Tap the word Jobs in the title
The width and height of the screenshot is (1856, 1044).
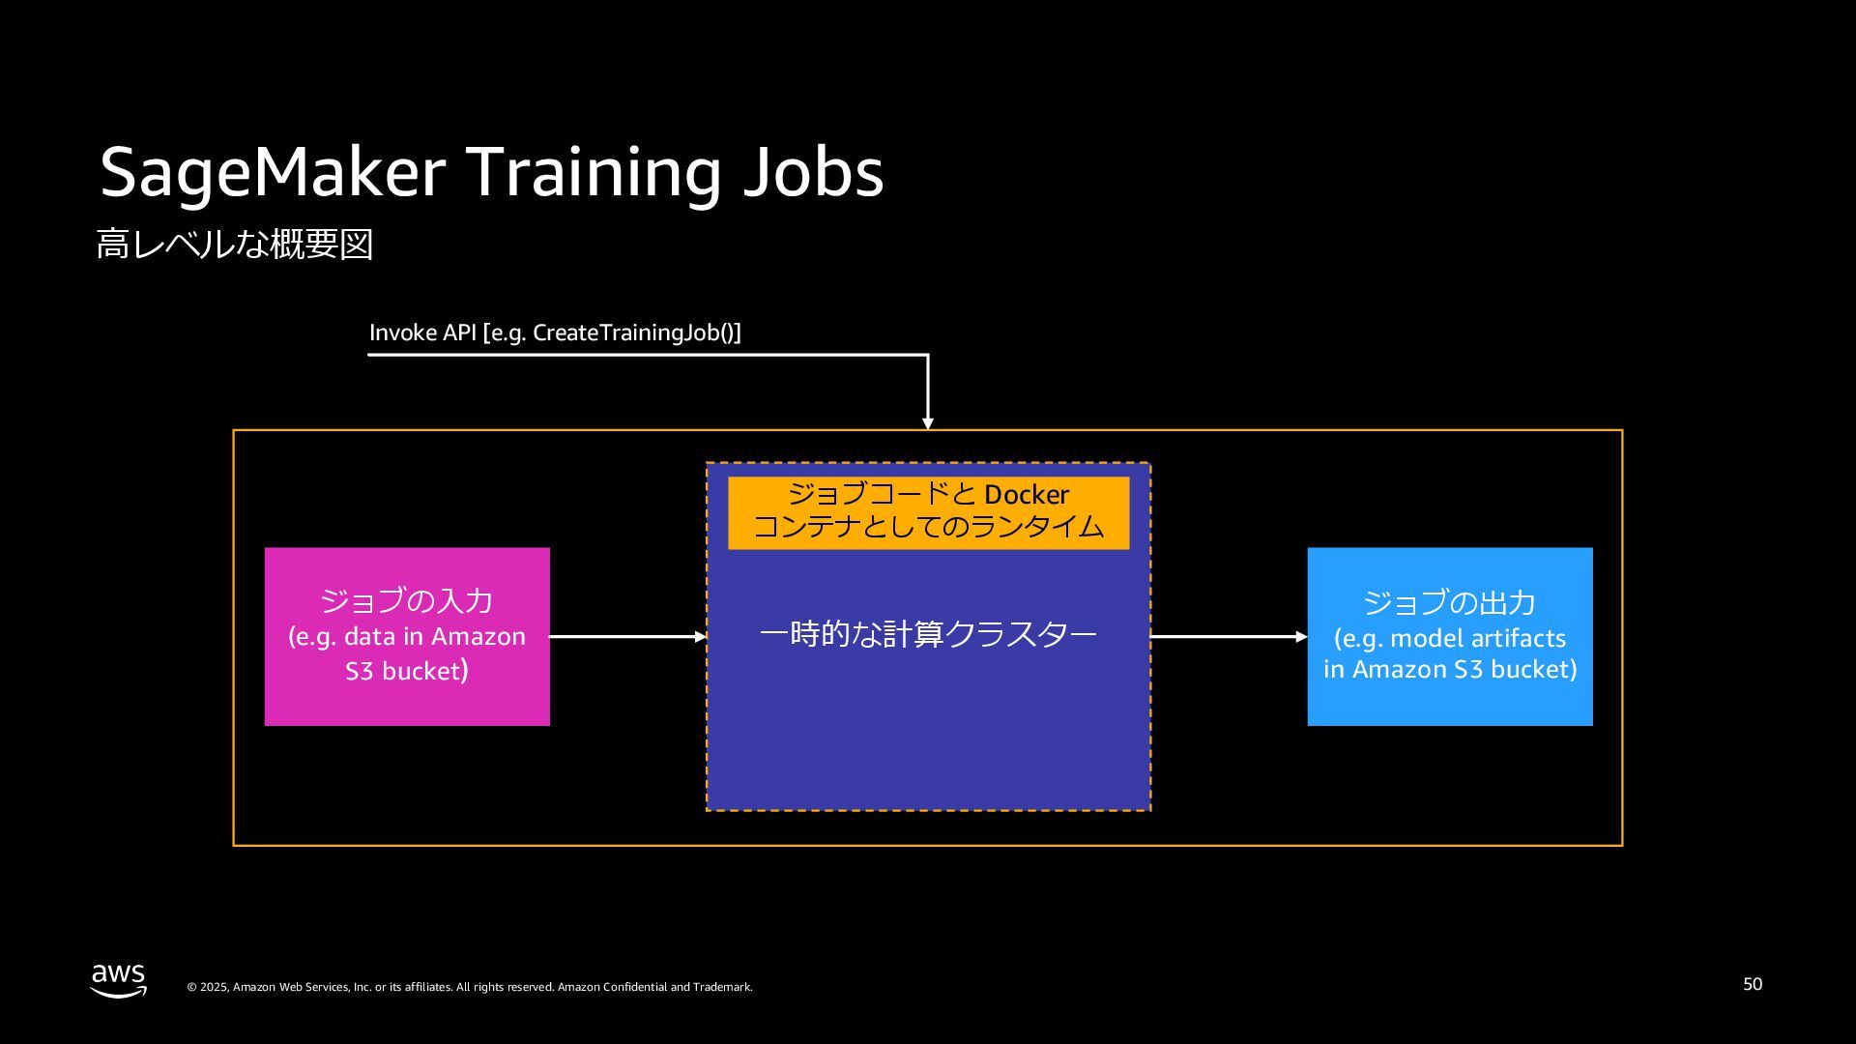point(813,174)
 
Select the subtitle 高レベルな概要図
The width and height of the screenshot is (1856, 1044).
point(235,245)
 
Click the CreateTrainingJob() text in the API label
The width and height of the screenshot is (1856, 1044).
point(636,333)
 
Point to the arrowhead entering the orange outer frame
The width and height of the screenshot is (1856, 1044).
point(928,423)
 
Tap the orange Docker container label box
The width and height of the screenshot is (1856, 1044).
point(928,512)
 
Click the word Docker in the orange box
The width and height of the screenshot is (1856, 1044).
point(1027,495)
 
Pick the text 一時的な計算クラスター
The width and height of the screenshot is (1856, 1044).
point(928,634)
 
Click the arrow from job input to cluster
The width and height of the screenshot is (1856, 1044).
point(628,637)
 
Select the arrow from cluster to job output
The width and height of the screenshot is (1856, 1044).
point(1229,637)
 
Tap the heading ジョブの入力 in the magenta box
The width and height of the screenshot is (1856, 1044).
point(407,601)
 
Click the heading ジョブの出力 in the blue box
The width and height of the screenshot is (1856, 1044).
point(1450,603)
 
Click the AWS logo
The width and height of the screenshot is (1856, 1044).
point(119,979)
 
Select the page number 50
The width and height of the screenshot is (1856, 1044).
point(1753,984)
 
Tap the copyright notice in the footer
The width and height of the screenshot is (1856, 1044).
point(470,987)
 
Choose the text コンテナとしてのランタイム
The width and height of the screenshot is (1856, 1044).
point(928,527)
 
